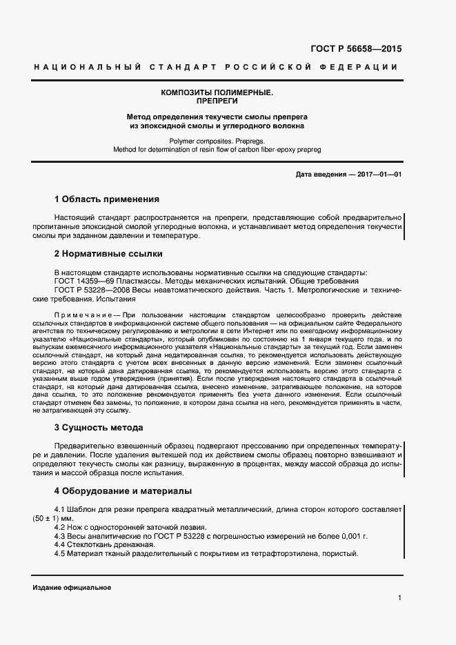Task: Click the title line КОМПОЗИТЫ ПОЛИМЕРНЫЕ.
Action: coord(217,92)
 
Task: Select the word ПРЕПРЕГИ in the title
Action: coord(217,101)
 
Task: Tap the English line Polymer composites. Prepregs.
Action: coord(217,141)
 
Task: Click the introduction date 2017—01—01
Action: coord(377,175)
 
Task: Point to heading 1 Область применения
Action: coord(106,199)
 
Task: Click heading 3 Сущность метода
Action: coord(99,428)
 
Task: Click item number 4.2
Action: coord(59,526)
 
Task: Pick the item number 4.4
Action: coord(59,544)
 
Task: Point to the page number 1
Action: coord(399,597)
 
